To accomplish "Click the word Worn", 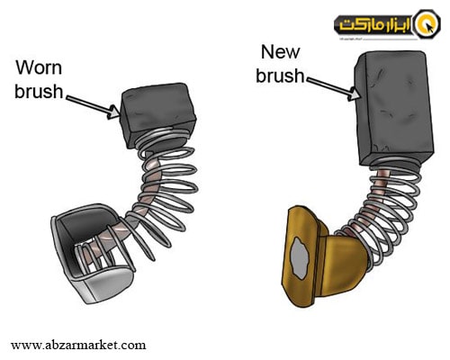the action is click(x=39, y=67).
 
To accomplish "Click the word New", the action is click(x=280, y=52).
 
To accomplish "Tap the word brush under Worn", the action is click(x=39, y=91).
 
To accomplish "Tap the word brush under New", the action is click(x=280, y=75).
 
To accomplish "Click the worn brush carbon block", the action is click(x=157, y=114).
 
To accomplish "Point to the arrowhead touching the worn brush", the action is click(x=114, y=112).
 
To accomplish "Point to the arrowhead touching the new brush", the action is click(x=353, y=94).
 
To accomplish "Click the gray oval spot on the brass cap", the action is click(x=300, y=257).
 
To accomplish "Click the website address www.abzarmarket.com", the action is click(x=78, y=345).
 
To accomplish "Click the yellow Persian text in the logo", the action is click(x=375, y=25).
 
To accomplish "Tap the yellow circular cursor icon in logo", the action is click(x=427, y=24).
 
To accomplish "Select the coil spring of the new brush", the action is click(x=387, y=207).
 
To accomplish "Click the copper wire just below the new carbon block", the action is click(x=383, y=175).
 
